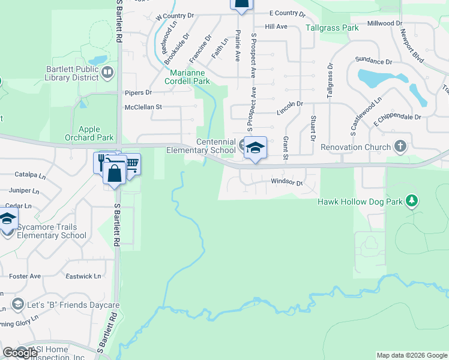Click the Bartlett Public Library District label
(x=72, y=73)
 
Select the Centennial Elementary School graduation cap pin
(x=255, y=148)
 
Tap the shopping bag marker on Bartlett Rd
(x=114, y=173)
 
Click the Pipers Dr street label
(x=138, y=92)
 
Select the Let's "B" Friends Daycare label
(x=73, y=305)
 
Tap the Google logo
(x=20, y=353)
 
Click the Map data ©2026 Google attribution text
(x=411, y=355)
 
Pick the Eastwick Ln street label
(x=83, y=276)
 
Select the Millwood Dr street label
(x=385, y=23)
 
